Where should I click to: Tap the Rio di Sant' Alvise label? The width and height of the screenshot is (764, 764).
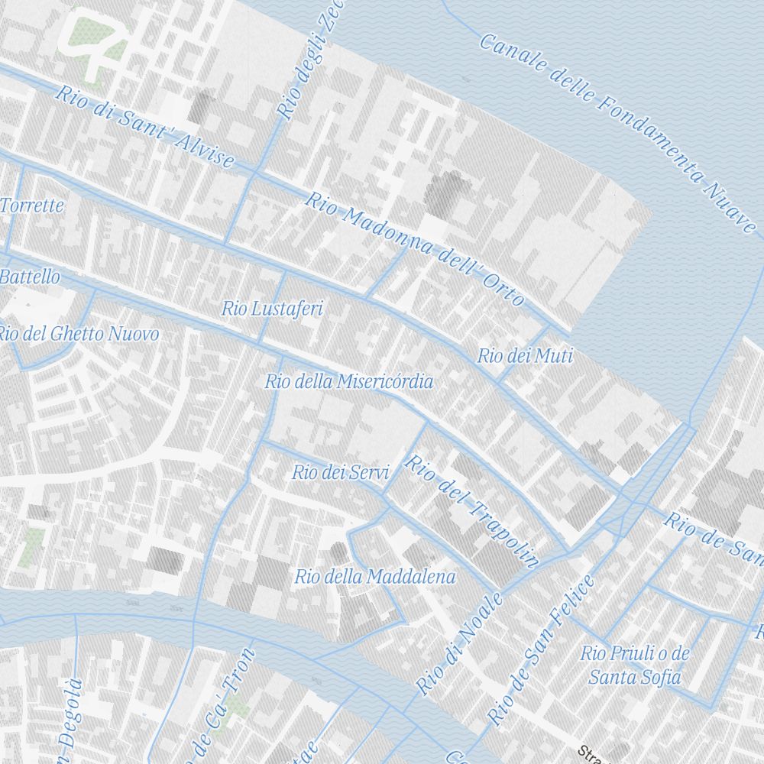(144, 127)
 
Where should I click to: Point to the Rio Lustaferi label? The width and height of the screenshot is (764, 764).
(272, 309)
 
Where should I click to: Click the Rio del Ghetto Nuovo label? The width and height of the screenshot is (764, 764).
(78, 334)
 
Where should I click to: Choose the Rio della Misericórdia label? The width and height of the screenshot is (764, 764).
(349, 381)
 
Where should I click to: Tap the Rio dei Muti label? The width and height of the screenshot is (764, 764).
(525, 356)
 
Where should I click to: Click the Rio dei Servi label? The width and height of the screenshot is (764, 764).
(341, 473)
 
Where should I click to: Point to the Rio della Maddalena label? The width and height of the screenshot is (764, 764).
(375, 577)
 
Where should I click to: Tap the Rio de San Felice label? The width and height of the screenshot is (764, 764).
(541, 649)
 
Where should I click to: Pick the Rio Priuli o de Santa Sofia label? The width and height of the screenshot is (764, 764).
(635, 665)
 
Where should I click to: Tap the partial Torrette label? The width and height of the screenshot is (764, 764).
(32, 206)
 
